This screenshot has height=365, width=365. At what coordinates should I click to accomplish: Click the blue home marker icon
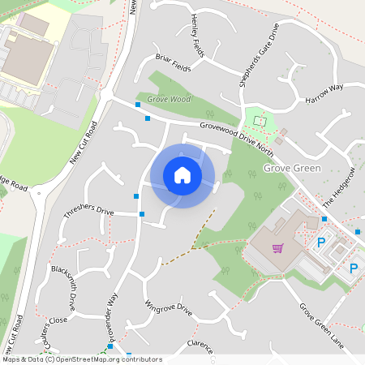(182, 174)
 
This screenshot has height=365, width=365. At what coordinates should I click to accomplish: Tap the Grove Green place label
(292, 169)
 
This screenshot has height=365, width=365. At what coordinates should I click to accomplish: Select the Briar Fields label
(173, 63)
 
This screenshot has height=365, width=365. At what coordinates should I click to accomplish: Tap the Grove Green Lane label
(321, 326)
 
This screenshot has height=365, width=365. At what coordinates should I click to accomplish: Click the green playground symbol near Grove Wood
(260, 121)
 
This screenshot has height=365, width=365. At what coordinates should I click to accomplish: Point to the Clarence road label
(199, 346)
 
